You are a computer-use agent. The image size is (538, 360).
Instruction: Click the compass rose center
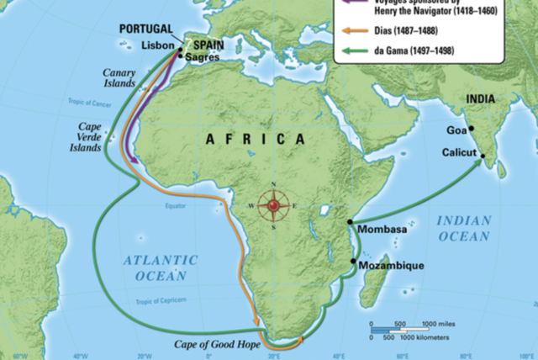pyautogui.click(x=272, y=205)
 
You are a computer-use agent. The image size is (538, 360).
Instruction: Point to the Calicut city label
pyautogui.click(x=459, y=152)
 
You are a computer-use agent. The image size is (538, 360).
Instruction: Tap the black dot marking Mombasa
pyautogui.click(x=350, y=221)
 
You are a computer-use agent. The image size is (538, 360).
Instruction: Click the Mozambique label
pyautogui.click(x=391, y=265)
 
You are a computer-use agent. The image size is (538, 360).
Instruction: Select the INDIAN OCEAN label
pyautogui.click(x=463, y=228)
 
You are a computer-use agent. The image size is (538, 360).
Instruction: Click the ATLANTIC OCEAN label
pyautogui.click(x=161, y=267)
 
